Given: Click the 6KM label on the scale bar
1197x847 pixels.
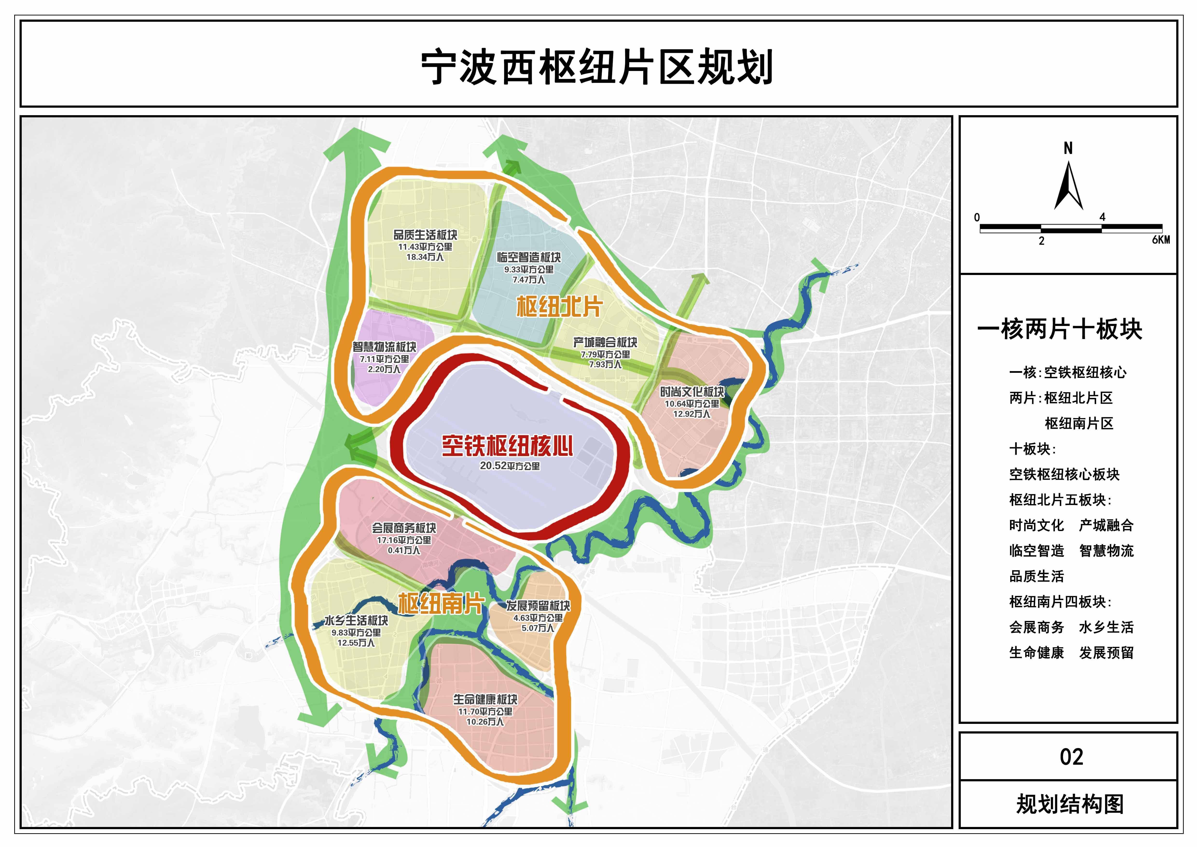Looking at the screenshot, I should coord(1161,240).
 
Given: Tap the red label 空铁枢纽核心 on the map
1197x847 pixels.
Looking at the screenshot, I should coord(507,446).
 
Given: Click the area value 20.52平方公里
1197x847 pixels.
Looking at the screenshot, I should coord(509,466).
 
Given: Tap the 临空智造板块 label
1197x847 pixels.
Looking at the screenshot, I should coord(529,258).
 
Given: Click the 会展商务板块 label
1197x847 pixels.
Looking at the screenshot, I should coord(403,528).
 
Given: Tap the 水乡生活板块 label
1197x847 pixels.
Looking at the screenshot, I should coord(356,621).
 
